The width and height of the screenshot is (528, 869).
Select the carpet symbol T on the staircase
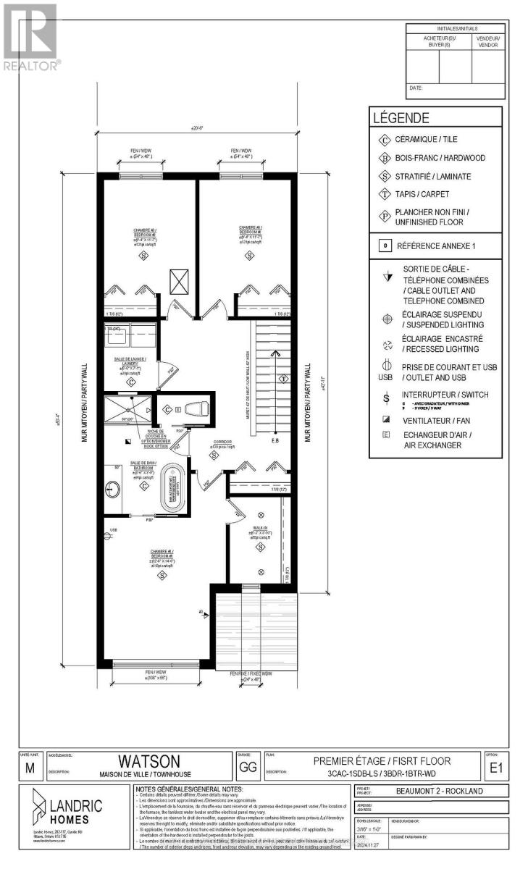pos(285,378)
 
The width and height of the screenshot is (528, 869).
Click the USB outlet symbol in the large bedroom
pos(113,532)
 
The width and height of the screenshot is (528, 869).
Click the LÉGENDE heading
pos(401,118)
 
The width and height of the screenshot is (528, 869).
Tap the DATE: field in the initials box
pos(416,88)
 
